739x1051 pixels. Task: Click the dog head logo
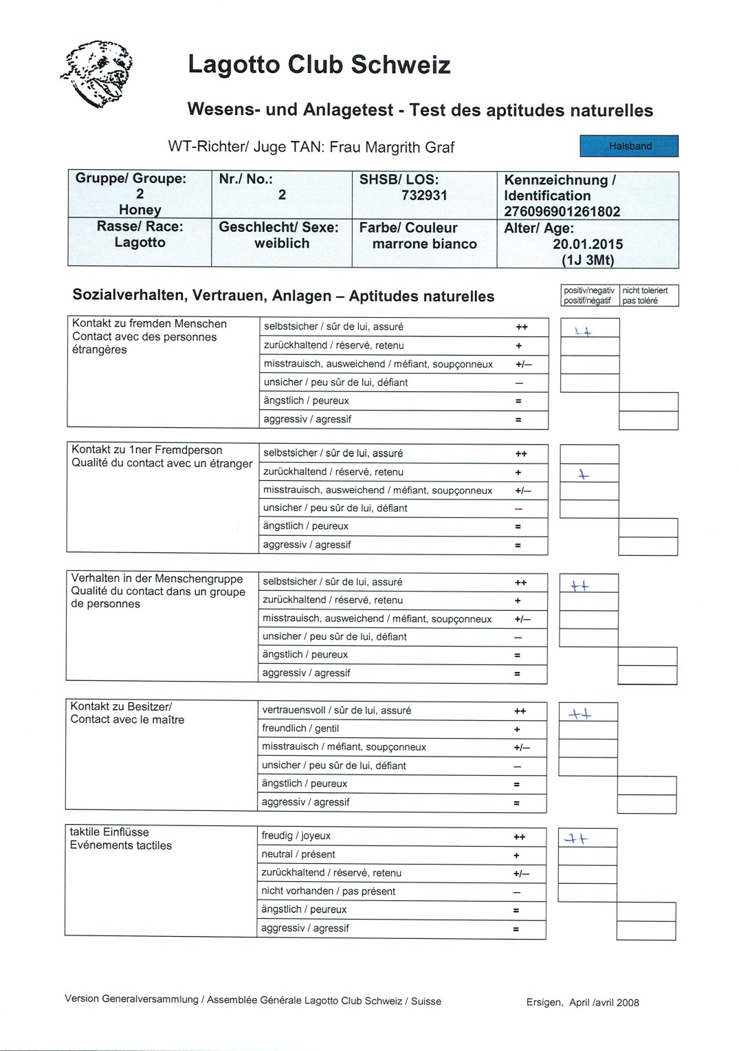tap(98, 74)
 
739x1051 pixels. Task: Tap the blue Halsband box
tap(629, 146)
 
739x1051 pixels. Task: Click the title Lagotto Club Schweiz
tap(319, 65)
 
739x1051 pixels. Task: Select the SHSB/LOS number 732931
tap(424, 195)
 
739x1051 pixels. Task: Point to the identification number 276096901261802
tap(562, 211)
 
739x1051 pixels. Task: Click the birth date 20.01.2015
tap(588, 244)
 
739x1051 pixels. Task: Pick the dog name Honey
tap(140, 210)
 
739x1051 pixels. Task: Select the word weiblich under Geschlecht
tap(282, 243)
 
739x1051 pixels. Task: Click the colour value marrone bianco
tap(424, 244)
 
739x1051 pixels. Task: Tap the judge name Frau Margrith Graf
tap(392, 147)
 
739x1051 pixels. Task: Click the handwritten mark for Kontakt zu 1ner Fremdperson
tap(584, 475)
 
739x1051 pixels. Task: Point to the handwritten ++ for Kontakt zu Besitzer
tap(580, 714)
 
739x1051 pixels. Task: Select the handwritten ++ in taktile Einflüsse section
tap(577, 838)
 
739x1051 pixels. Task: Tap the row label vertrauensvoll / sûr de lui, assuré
tap(336, 711)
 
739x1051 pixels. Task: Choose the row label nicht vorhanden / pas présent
tap(328, 891)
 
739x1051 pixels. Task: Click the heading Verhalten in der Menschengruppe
tap(157, 578)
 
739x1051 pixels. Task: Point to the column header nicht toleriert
tap(645, 291)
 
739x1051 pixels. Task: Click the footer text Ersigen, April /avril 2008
tap(583, 1002)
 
